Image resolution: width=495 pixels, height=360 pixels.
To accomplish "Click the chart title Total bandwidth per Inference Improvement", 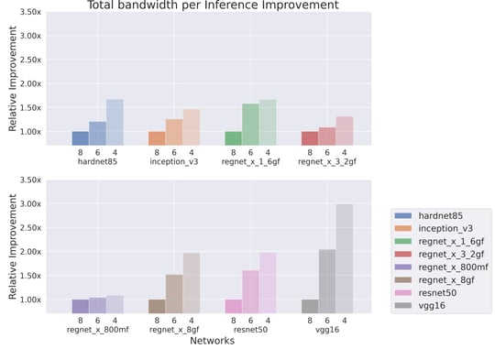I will tap(213, 5).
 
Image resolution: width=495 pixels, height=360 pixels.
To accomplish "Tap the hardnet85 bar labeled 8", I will tap(81, 138).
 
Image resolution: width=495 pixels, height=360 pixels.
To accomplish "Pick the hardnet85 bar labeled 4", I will tap(115, 123).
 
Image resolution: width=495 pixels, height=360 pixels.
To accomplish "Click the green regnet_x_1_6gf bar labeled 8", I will tap(233, 138).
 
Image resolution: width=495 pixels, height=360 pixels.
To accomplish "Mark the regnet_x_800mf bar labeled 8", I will tap(81, 306).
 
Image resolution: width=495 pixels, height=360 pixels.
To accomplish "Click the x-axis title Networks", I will tap(212, 341).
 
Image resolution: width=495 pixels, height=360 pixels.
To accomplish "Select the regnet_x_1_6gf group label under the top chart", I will tap(249, 162).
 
